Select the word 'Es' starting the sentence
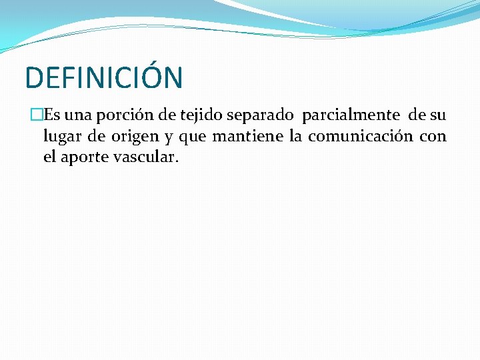(52, 115)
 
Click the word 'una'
(77, 115)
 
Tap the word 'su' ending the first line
(437, 115)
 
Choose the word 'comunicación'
(360, 137)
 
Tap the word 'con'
(433, 137)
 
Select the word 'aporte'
(85, 159)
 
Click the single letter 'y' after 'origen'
(166, 138)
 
